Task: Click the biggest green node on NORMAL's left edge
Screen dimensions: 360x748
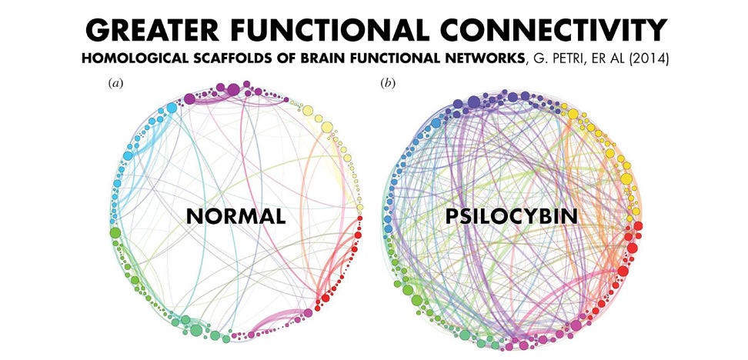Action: (x=115, y=232)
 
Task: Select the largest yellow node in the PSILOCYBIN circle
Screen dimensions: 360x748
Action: (x=626, y=179)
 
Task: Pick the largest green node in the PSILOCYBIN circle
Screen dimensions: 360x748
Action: (x=416, y=300)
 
